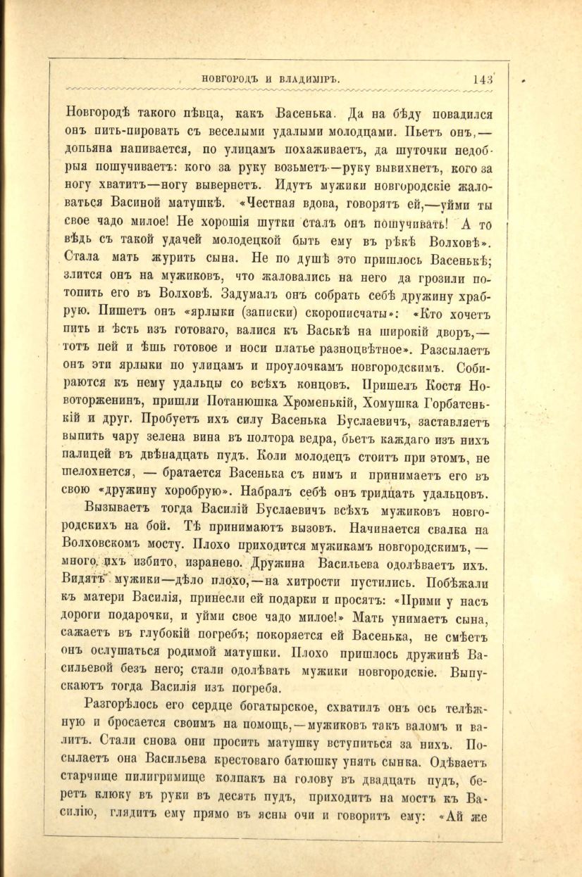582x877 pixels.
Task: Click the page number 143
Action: click(x=486, y=79)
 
